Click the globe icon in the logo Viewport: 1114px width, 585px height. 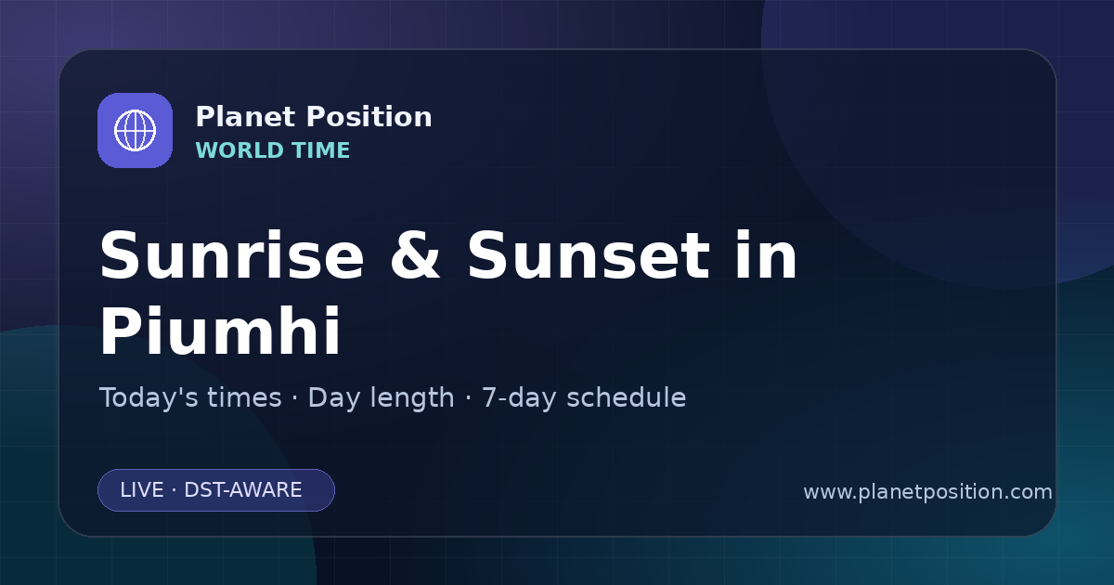(x=135, y=130)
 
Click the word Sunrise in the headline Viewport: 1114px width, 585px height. (x=232, y=255)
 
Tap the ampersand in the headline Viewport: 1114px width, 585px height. (x=415, y=255)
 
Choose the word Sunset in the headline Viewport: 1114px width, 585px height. (x=589, y=255)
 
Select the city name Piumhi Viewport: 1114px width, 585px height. (x=220, y=331)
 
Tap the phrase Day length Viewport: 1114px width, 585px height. (x=381, y=398)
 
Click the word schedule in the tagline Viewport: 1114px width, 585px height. (x=626, y=397)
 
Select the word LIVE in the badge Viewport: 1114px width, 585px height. (x=142, y=490)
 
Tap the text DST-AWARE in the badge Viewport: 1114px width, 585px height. (x=242, y=490)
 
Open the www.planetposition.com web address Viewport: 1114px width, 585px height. (x=927, y=492)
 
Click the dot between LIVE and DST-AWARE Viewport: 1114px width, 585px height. (x=174, y=490)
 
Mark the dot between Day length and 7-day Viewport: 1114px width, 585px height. (x=468, y=398)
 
